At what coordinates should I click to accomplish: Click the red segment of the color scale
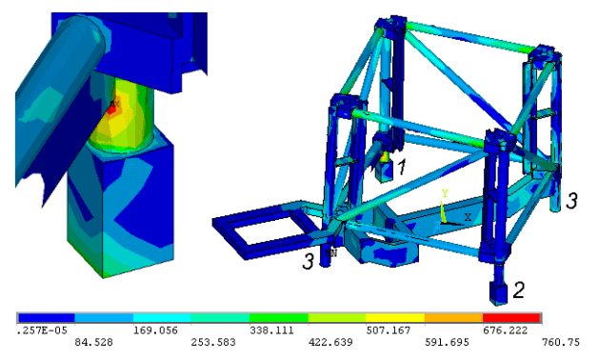[x=511, y=317]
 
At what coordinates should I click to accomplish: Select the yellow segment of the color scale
[x=395, y=317]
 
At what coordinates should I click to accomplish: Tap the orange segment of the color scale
[x=453, y=317]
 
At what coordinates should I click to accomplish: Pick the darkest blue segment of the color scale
[x=47, y=317]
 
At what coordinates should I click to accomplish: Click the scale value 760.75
[x=560, y=342]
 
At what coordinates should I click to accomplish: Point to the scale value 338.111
[x=271, y=330]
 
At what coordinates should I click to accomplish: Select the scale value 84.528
[x=93, y=342]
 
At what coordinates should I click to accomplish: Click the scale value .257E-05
[x=37, y=330]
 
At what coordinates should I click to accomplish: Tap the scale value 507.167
[x=389, y=330]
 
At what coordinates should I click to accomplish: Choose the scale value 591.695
[x=447, y=342]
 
